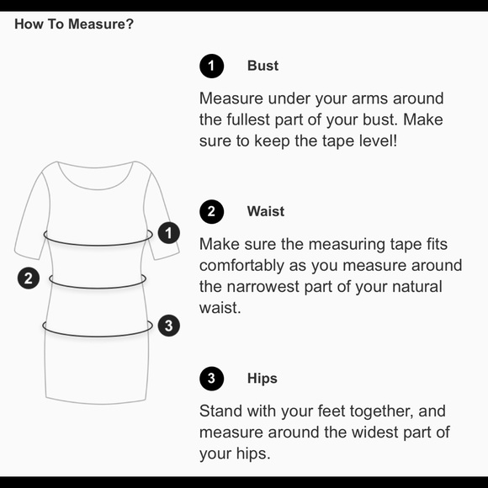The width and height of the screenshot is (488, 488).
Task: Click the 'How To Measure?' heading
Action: click(74, 24)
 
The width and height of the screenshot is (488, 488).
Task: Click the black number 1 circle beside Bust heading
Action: click(212, 66)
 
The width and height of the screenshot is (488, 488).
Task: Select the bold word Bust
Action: click(263, 66)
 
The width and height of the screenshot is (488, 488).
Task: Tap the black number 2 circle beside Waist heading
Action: click(212, 212)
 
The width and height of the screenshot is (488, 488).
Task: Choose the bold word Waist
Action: click(266, 211)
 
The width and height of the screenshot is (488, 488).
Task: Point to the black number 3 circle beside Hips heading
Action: click(212, 379)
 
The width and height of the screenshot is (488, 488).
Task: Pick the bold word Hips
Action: click(262, 379)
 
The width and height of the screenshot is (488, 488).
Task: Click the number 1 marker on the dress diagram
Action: click(168, 233)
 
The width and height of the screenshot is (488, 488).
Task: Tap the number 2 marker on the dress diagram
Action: click(29, 278)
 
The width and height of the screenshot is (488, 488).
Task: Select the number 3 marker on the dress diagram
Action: click(168, 326)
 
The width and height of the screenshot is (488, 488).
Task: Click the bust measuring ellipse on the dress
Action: click(98, 245)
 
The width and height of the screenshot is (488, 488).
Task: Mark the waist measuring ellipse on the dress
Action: click(98, 288)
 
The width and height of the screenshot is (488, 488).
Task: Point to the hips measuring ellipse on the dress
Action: click(98, 336)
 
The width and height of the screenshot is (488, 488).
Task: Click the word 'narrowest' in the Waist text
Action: click(263, 287)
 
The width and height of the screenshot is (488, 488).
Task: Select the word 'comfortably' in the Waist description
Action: click(241, 266)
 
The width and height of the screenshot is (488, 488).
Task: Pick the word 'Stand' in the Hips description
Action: click(220, 411)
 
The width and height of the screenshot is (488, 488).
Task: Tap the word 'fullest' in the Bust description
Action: click(247, 119)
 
